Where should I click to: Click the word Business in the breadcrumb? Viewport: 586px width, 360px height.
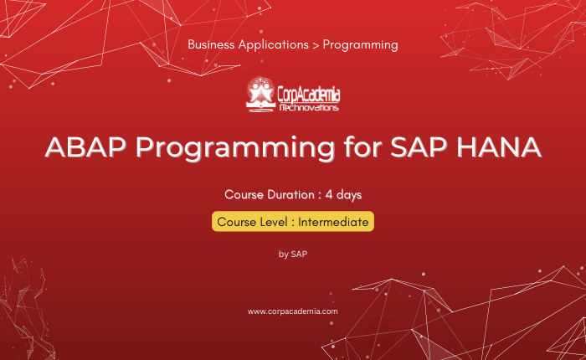(x=211, y=44)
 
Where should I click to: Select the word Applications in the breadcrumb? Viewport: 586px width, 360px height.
(x=273, y=45)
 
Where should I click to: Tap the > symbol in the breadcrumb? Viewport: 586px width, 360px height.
(x=316, y=45)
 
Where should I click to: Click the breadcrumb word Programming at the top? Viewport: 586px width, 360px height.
(x=360, y=45)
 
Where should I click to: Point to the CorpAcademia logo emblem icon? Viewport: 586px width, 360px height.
(x=260, y=95)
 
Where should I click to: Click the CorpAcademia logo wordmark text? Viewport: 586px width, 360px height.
(x=309, y=95)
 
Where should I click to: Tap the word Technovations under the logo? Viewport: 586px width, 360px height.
(x=309, y=108)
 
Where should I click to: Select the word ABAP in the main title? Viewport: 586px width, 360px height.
(x=85, y=147)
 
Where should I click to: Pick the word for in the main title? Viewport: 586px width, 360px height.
(x=362, y=147)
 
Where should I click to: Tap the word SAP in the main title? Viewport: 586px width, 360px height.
(x=419, y=147)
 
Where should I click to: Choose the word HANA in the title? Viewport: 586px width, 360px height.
(x=499, y=147)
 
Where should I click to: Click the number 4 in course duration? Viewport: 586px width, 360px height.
(x=329, y=195)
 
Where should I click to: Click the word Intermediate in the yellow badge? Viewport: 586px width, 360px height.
(x=333, y=222)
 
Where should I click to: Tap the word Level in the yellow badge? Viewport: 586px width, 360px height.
(x=275, y=222)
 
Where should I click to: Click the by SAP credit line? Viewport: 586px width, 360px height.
(x=293, y=255)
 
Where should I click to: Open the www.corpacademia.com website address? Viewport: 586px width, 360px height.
(x=293, y=311)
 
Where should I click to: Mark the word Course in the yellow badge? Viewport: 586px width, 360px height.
(x=238, y=222)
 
